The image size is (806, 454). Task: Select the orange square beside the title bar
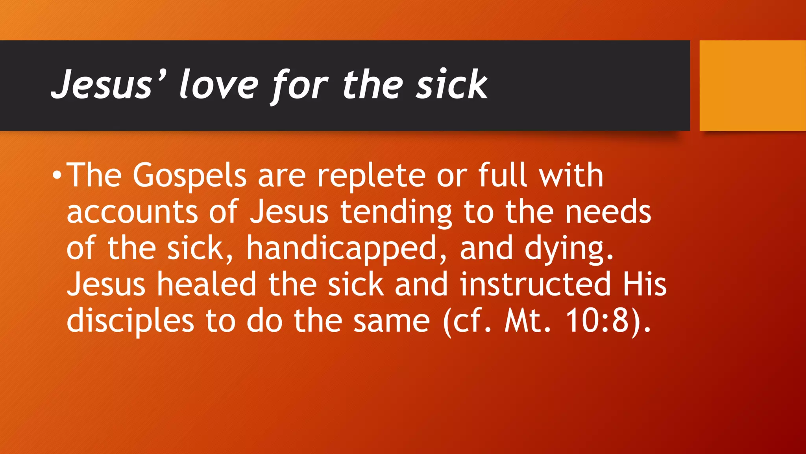(x=752, y=85)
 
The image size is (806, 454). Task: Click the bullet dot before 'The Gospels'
(x=57, y=175)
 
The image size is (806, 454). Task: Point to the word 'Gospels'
(x=189, y=176)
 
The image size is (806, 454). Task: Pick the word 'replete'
(x=372, y=176)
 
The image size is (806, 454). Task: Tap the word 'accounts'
(x=132, y=212)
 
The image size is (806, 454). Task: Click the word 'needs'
(x=608, y=212)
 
